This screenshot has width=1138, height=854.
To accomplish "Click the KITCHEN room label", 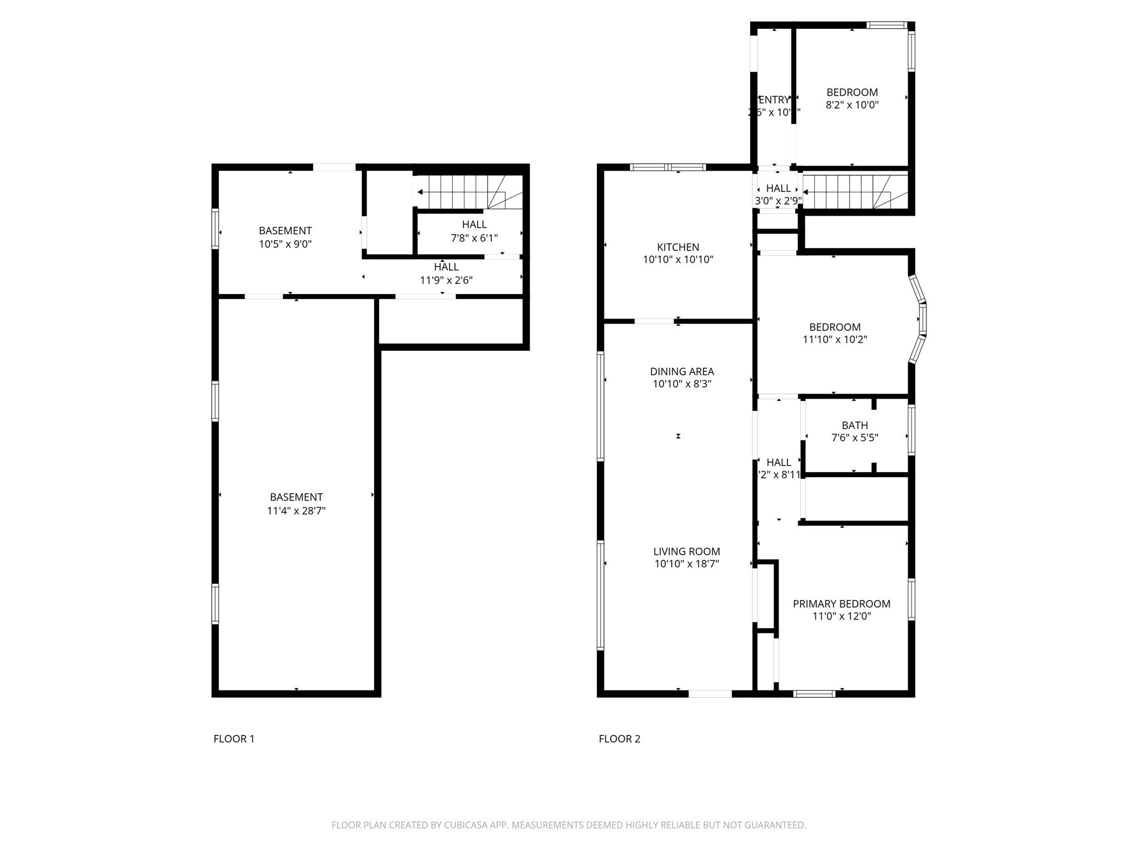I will tap(678, 247).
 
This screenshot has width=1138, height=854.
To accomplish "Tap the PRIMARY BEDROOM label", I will tap(841, 604).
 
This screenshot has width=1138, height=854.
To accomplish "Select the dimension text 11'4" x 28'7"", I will tap(296, 510).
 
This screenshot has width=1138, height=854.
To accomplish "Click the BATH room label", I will tap(855, 425).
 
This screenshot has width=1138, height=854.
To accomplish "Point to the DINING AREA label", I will tap(682, 371).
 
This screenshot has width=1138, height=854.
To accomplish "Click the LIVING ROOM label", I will tap(686, 552).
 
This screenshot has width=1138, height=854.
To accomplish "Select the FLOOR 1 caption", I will tap(234, 739).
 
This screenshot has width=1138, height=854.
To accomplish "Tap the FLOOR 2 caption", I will tap(619, 739).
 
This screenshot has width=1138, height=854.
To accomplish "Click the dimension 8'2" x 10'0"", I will tap(852, 105).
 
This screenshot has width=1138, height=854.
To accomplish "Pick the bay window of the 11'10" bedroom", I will tap(921, 320).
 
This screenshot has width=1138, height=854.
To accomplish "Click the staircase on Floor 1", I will tap(470, 192).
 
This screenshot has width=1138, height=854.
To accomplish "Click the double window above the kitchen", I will tap(668, 167).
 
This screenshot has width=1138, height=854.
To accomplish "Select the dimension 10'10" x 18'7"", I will tap(686, 564).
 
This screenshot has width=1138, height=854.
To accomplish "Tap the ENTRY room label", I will tap(773, 100).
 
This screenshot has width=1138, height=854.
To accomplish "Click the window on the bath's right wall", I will tap(911, 430).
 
